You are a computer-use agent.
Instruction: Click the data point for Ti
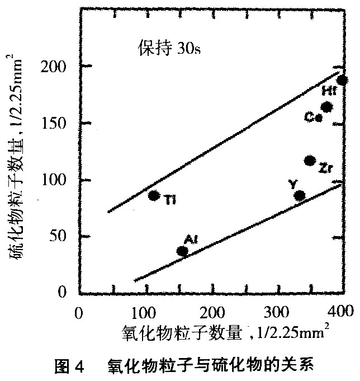pos(154,195)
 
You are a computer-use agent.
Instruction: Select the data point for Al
pos(182,251)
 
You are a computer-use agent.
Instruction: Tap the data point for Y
pos(300,195)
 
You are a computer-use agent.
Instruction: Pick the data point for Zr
pos(310,161)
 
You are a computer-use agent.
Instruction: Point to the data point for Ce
pos(327,107)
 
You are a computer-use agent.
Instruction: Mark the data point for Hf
pos(342,80)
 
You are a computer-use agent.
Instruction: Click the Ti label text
pos(170,199)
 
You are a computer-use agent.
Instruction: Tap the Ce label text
pos(312,116)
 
